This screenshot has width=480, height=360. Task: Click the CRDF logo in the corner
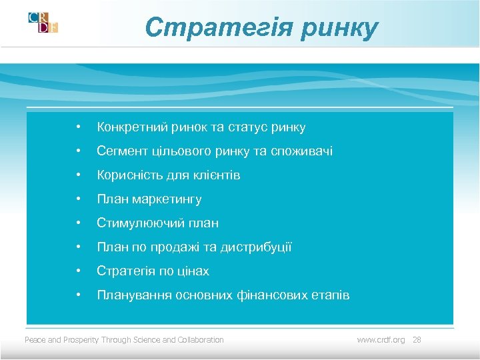click(43, 22)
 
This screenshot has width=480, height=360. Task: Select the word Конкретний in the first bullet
click(129, 127)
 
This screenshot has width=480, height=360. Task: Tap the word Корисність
click(127, 175)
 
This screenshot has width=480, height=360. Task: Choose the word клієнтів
click(218, 175)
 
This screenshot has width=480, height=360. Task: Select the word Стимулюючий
click(136, 223)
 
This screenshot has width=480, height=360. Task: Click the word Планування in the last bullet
click(134, 295)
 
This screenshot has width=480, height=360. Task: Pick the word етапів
click(330, 295)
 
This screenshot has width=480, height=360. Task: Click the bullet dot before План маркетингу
click(79, 199)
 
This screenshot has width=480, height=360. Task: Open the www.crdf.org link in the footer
click(381, 340)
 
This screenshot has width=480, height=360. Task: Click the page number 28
click(417, 340)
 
